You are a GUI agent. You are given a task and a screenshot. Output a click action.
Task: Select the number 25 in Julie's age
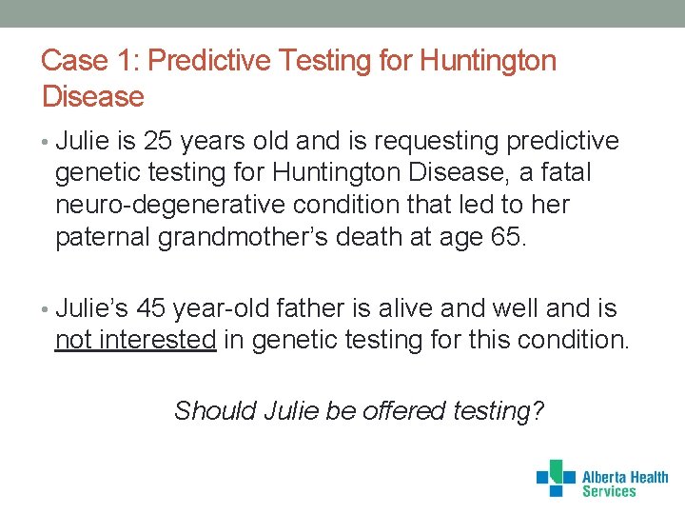pos(160,142)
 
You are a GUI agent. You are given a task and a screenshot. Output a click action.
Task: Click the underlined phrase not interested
pos(136,340)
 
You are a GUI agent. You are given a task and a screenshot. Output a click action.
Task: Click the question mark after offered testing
pos(538,411)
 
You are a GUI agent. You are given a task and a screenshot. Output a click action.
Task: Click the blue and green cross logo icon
pos(556,478)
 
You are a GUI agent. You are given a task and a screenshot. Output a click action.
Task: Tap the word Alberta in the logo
pos(604,477)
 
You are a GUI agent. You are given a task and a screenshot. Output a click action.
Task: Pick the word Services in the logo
pos(608,492)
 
